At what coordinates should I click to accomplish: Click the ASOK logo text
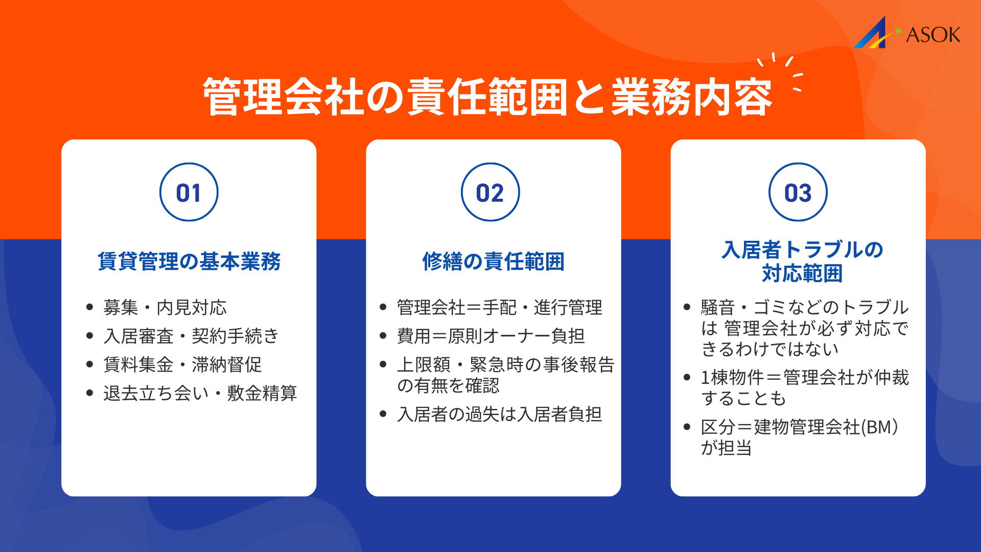pos(932,35)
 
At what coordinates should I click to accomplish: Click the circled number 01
pos(189,193)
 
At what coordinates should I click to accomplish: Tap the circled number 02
pos(490,193)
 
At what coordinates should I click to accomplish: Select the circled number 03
pos(798,193)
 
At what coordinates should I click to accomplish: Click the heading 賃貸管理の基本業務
pos(189,261)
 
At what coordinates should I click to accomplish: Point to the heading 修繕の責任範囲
pos(493,261)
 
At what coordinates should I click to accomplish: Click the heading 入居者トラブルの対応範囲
pos(802,261)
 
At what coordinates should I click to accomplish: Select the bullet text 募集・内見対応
pos(165,307)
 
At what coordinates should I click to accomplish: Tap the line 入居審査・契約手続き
pos(191,336)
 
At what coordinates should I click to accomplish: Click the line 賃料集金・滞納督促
pos(182,364)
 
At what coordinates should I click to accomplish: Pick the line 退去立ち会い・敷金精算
pos(200,393)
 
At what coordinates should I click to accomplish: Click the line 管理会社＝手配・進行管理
pos(499,307)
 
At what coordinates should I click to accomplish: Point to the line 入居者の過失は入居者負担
pos(499,414)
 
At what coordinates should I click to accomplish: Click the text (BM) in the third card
pos(879,427)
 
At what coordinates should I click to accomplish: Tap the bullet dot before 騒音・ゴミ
pos(687,307)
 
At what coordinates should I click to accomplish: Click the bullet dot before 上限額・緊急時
pos(383,364)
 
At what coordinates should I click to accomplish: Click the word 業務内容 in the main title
pos(691,97)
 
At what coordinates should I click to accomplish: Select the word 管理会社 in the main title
pos(284,97)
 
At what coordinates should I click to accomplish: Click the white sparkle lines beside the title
pos(782,72)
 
